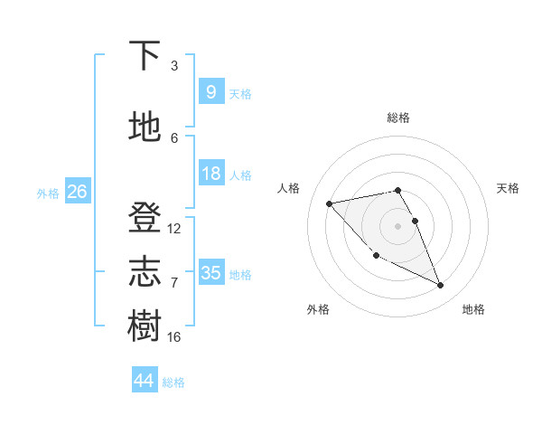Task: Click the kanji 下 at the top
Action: pyautogui.click(x=145, y=55)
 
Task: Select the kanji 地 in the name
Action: pyautogui.click(x=145, y=127)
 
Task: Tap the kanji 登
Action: pyautogui.click(x=145, y=218)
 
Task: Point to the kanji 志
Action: pyautogui.click(x=145, y=272)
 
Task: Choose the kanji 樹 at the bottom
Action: pyautogui.click(x=145, y=326)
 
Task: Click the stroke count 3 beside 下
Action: pyautogui.click(x=174, y=66)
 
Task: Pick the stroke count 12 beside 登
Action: pyautogui.click(x=174, y=229)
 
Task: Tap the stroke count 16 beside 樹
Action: pyautogui.click(x=174, y=337)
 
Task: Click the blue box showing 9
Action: pyautogui.click(x=210, y=92)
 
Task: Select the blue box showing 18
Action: pyautogui.click(x=210, y=174)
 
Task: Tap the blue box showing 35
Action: pyautogui.click(x=210, y=273)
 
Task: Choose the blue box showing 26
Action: pyautogui.click(x=77, y=192)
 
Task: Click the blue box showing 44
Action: pyautogui.click(x=144, y=381)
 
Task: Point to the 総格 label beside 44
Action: pyautogui.click(x=173, y=382)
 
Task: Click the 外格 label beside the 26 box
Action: pyautogui.click(x=48, y=194)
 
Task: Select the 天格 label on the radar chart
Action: pyautogui.click(x=508, y=188)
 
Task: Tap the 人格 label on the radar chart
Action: pyautogui.click(x=289, y=188)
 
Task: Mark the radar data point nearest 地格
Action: pyautogui.click(x=441, y=286)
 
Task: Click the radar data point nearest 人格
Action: pyautogui.click(x=330, y=203)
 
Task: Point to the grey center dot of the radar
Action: pyautogui.click(x=397, y=225)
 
